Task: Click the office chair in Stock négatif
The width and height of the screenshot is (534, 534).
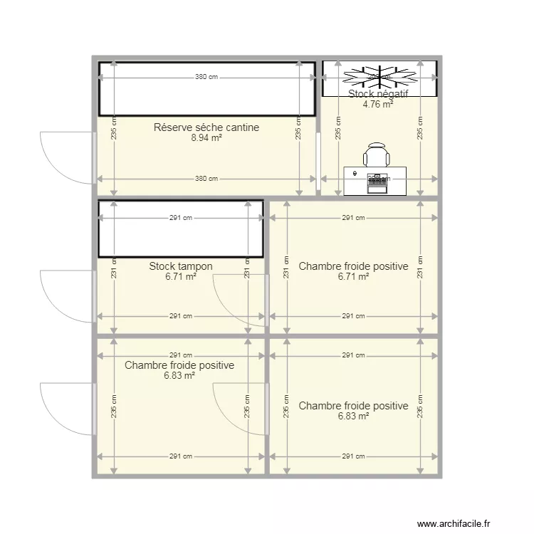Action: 377,155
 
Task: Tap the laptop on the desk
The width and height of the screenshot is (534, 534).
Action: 377,182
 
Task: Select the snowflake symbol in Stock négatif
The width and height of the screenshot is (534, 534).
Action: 379,74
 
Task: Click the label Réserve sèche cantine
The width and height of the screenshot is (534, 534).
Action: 206,127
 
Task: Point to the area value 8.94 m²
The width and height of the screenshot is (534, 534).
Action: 206,138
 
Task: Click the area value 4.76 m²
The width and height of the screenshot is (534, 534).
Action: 378,104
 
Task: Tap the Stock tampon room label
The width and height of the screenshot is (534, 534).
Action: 181,266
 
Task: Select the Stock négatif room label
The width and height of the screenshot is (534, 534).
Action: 378,94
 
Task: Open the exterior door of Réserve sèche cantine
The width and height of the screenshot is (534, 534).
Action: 68,157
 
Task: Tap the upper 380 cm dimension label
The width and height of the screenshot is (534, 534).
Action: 206,77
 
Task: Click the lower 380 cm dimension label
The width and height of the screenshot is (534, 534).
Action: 206,179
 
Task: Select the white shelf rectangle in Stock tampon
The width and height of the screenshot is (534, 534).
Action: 181,229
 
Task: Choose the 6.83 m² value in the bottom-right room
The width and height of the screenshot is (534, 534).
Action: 353,417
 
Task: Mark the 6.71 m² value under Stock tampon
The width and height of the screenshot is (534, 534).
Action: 181,277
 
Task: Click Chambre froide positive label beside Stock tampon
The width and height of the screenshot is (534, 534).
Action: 353,266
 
